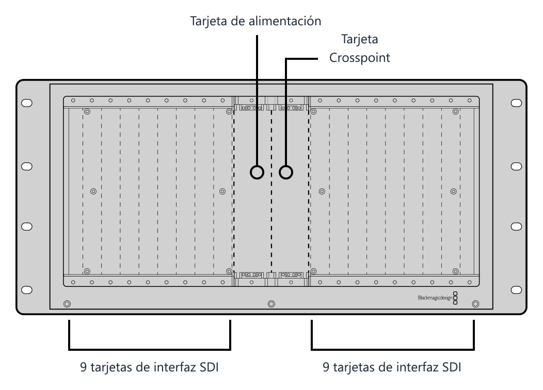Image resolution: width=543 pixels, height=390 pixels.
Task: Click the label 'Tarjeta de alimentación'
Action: tap(255, 21)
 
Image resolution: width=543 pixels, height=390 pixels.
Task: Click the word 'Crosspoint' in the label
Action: tap(359, 57)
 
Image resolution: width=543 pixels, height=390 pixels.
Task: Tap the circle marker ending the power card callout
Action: tap(257, 172)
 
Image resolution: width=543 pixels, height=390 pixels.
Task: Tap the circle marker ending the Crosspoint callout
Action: tap(286, 172)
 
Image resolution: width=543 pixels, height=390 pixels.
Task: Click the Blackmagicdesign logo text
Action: tap(435, 298)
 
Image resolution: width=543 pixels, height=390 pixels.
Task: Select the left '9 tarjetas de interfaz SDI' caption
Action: tap(149, 367)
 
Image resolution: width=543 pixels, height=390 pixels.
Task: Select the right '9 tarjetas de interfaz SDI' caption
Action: tap(392, 367)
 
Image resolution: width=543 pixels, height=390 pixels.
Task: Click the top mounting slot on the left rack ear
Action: tap(27, 103)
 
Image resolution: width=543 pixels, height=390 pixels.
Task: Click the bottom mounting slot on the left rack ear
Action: tap(27, 289)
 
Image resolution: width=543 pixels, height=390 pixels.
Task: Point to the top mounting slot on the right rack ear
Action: tap(516, 103)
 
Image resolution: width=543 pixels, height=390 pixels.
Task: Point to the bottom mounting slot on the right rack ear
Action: tap(516, 289)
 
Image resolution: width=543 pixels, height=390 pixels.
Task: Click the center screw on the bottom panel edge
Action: tap(272, 304)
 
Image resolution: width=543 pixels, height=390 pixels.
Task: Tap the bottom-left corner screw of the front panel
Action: tap(67, 304)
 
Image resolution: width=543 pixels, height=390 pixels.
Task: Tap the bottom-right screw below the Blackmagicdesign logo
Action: tap(476, 304)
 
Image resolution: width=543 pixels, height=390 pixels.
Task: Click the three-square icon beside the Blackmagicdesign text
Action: tap(455, 298)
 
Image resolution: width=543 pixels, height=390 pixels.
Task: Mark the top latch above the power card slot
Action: tap(251, 108)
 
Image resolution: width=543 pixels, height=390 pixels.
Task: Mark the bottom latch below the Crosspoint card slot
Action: tap(291, 275)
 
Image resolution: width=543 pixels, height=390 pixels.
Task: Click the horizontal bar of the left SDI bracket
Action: tap(150, 349)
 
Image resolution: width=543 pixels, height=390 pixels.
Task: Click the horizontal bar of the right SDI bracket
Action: tap(393, 349)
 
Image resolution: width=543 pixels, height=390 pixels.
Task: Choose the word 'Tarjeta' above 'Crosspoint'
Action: tap(359, 39)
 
